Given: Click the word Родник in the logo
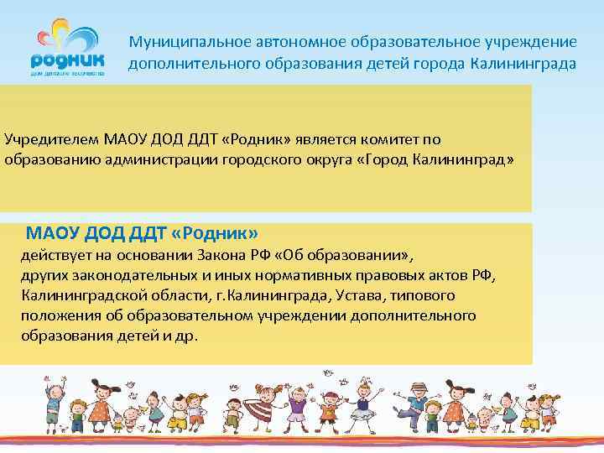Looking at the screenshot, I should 67,60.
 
